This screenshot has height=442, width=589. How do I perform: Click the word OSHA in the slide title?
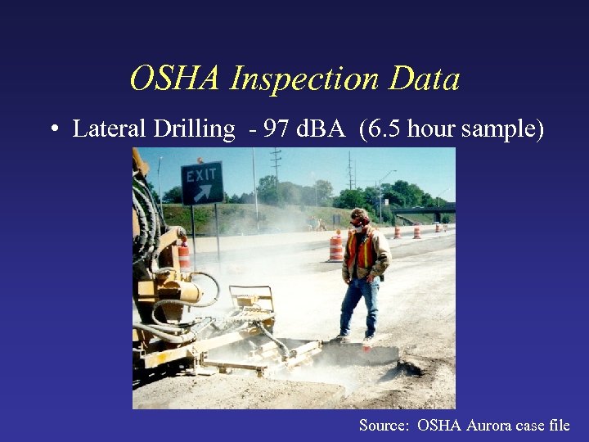click(x=175, y=79)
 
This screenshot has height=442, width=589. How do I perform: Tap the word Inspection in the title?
click(x=303, y=79)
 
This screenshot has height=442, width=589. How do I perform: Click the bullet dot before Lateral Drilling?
click(x=53, y=129)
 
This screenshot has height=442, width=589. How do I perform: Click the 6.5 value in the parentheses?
click(x=381, y=129)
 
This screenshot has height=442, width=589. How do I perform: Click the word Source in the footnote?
click(x=384, y=425)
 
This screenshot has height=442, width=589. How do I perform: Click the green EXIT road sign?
click(x=202, y=183)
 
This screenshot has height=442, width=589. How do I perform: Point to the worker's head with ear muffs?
click(x=358, y=219)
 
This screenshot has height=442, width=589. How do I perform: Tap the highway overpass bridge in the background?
click(x=421, y=211)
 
